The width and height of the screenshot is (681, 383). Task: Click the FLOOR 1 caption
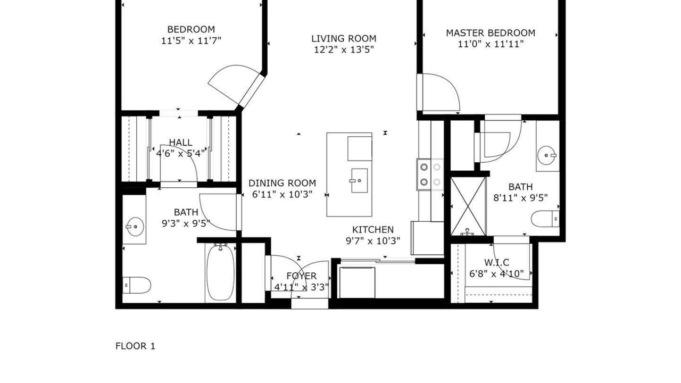click(x=135, y=346)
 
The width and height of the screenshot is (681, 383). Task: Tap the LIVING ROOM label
click(x=344, y=39)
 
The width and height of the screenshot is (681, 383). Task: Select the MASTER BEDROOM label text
click(x=491, y=33)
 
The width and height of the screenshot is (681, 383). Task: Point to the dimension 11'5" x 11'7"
click(x=191, y=40)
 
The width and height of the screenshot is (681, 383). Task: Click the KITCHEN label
click(x=373, y=229)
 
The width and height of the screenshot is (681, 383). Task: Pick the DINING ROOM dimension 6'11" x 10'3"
click(x=283, y=194)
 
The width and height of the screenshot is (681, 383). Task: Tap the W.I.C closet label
click(x=497, y=262)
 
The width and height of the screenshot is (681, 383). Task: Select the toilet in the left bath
click(x=137, y=285)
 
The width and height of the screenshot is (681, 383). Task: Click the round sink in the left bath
click(x=135, y=227)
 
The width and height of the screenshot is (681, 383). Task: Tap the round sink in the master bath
click(x=546, y=155)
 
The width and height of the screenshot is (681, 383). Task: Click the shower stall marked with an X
click(x=468, y=206)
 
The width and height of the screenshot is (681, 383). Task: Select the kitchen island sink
click(x=359, y=180)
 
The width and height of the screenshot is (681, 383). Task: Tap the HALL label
click(x=180, y=142)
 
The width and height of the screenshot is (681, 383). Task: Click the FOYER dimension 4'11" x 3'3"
click(x=302, y=287)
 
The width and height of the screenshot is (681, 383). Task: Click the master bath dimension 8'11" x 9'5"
click(x=520, y=198)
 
